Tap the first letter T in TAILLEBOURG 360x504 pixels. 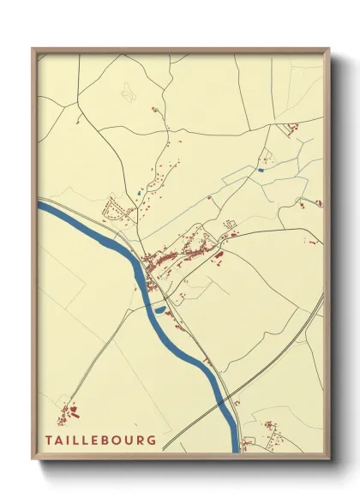click(x=50, y=440)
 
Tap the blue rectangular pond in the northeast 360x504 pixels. click(x=261, y=170)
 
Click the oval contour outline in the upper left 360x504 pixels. click(x=129, y=89)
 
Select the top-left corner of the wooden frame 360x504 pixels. click(x=33, y=49)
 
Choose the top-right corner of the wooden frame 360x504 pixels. click(x=328, y=50)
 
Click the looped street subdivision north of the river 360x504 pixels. click(x=114, y=207)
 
